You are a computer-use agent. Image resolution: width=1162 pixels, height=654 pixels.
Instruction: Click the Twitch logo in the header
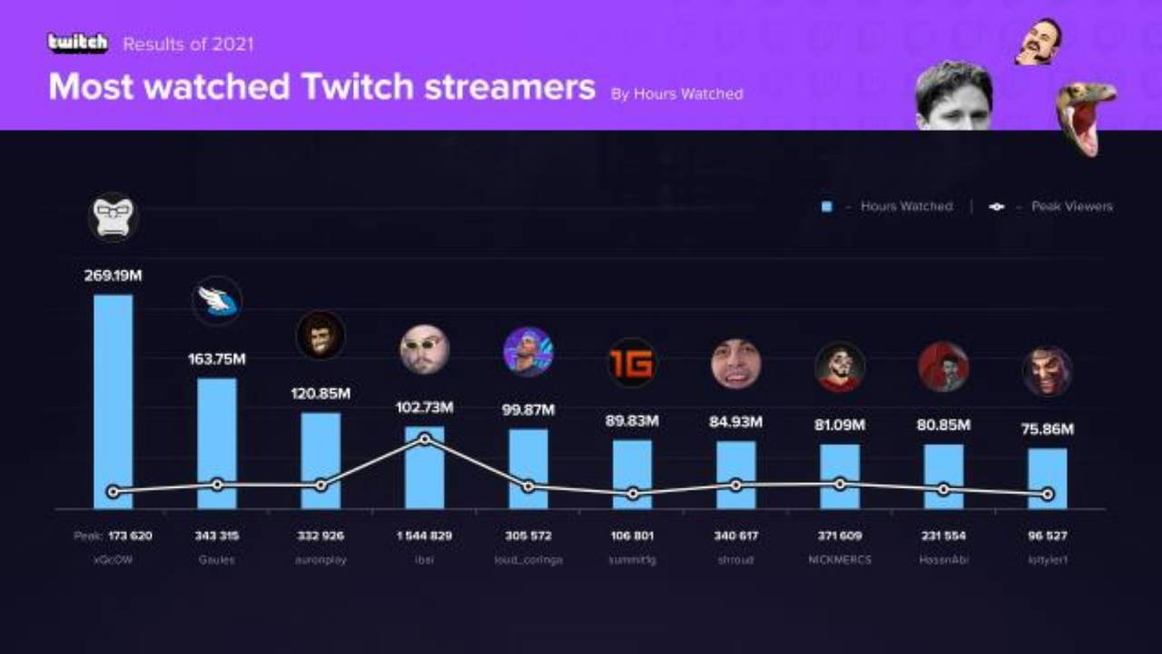coord(78,43)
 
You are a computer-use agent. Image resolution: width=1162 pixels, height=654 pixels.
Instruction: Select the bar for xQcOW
coord(113,400)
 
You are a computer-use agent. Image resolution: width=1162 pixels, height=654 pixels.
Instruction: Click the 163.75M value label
coord(217,359)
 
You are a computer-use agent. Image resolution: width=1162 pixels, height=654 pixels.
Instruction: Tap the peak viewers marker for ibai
coord(425,440)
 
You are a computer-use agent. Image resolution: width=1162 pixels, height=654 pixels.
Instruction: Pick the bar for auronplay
coord(320,460)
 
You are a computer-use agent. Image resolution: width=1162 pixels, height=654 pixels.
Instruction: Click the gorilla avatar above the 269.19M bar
coord(113,216)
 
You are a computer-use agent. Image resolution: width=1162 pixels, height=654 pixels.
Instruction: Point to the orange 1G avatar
coord(632,363)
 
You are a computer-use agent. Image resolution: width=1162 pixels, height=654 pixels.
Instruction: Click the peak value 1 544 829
coord(425,536)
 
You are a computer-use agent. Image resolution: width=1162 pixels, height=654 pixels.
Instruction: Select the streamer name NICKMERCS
coord(840,560)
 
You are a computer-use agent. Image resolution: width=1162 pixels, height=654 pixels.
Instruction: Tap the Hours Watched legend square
coord(826,207)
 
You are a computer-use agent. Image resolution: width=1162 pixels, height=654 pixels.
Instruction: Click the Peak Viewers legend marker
coord(997,207)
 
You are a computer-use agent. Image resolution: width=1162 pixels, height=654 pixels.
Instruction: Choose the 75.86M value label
coord(1048,430)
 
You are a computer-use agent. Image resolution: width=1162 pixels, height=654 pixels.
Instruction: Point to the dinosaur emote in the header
coord(1086,114)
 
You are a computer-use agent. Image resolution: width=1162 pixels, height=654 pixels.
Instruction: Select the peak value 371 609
coord(840,536)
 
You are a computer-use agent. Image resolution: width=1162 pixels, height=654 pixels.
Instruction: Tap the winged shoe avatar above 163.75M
coord(217,302)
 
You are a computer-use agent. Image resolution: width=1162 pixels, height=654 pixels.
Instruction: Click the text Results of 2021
coord(188,44)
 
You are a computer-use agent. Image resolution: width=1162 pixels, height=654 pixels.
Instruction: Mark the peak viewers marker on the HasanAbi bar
coord(944,490)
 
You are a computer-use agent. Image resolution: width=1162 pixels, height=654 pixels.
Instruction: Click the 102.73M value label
coord(425,408)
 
